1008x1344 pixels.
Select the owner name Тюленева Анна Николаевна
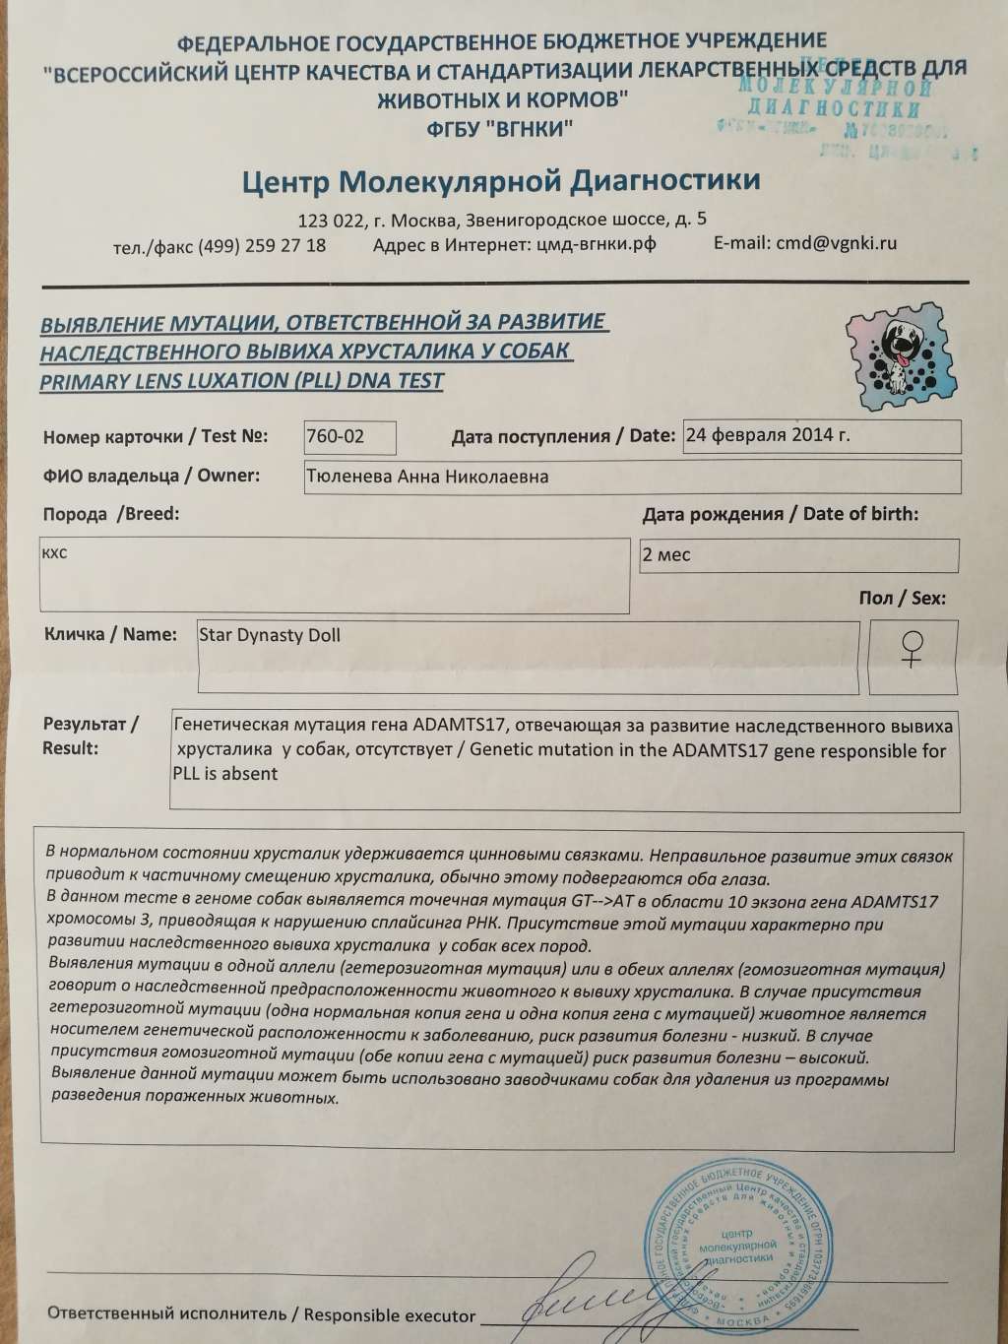click(x=427, y=477)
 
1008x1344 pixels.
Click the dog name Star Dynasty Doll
click(x=270, y=635)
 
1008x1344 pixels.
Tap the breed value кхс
click(x=55, y=553)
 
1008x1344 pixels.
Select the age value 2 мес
click(x=666, y=554)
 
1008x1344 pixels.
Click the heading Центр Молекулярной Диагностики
click(x=500, y=181)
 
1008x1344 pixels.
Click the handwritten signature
click(x=610, y=1305)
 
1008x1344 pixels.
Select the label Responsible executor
click(x=390, y=1315)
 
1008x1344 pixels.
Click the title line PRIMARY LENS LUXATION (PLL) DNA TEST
click(x=241, y=381)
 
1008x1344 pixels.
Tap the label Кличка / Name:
click(x=110, y=634)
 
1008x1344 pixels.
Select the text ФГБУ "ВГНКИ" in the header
click(x=501, y=129)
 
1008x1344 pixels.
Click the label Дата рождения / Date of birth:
click(x=780, y=514)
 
